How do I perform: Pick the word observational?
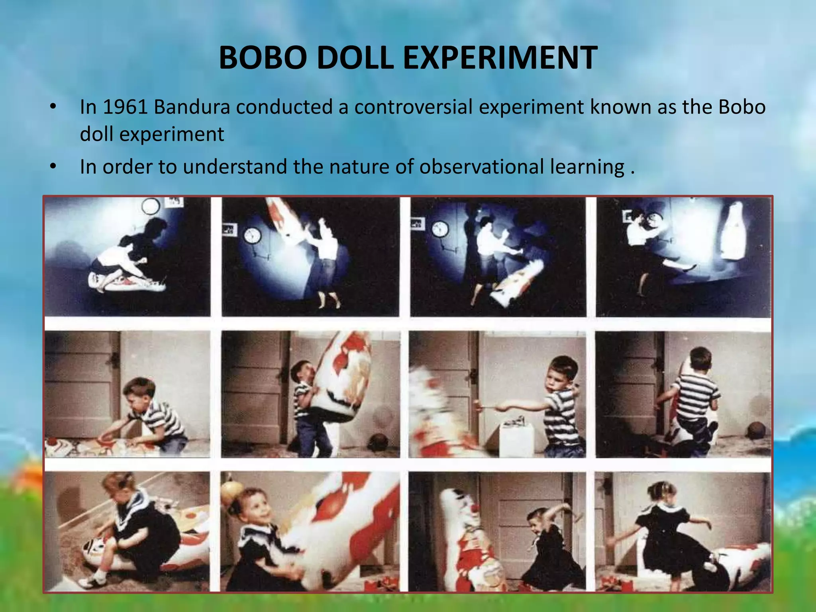pyautogui.click(x=481, y=167)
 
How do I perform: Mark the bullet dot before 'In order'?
pyautogui.click(x=53, y=167)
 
